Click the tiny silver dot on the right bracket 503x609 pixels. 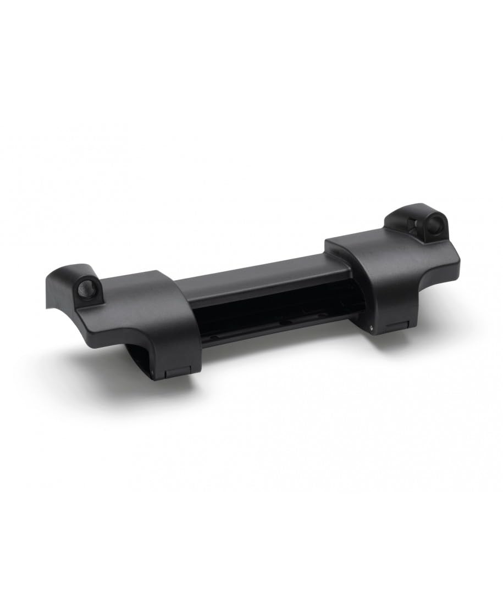tap(373, 328)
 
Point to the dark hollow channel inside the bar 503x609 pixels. tap(275, 316)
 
